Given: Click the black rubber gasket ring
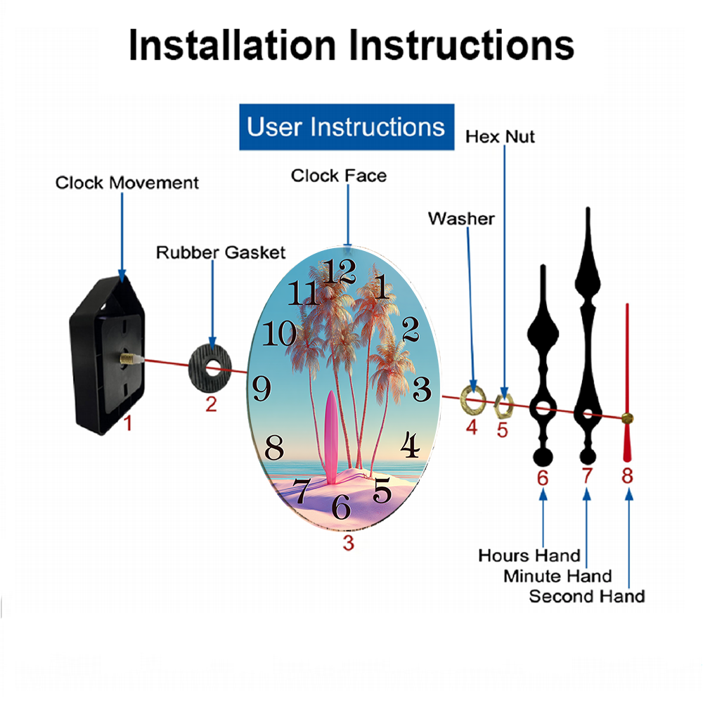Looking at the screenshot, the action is tap(200, 368).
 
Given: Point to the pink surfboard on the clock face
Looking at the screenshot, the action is tap(331, 437).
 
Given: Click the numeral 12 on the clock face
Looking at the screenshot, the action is tap(340, 271).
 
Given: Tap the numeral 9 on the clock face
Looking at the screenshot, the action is tap(262, 388).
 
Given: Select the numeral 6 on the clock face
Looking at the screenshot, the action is tap(341, 507).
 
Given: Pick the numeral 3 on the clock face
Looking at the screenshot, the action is tap(422, 389).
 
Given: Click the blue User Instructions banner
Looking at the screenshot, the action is tap(347, 127).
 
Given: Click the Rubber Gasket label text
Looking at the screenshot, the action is tap(220, 252).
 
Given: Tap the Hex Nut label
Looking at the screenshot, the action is tap(500, 136).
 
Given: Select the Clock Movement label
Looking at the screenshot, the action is tap(127, 183).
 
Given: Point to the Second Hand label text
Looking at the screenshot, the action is tap(587, 596).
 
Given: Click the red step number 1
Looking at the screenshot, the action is tap(128, 423).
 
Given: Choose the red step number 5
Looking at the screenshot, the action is tap(502, 430).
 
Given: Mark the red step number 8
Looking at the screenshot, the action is tap(627, 476).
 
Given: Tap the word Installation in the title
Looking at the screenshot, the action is tap(232, 45).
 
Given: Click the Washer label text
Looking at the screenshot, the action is tap(461, 219).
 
